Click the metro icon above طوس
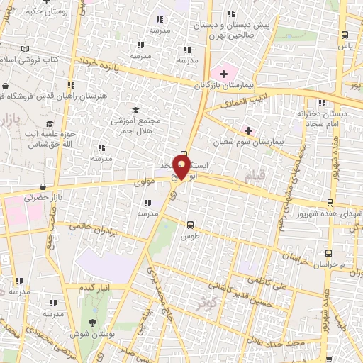click(x=189, y=225)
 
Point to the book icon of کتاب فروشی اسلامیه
click(x=26, y=48)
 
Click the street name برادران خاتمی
click(x=91, y=230)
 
